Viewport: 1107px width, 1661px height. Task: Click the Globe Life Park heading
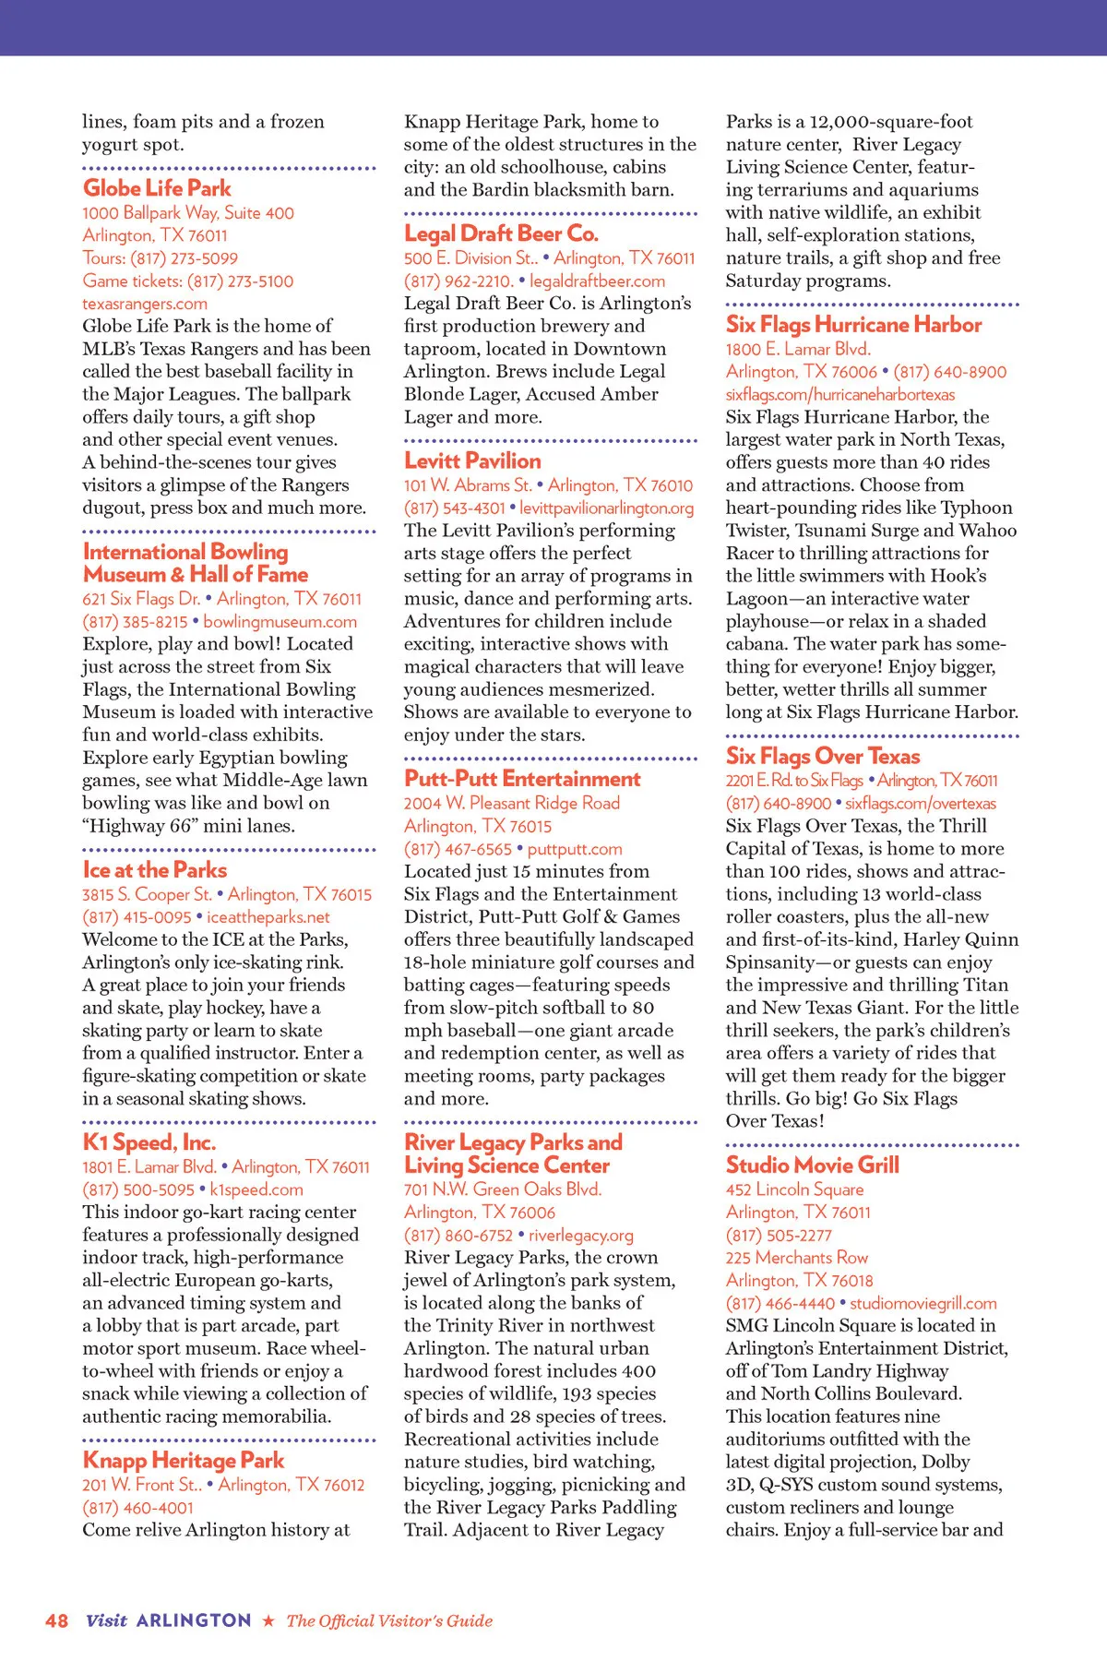(x=157, y=188)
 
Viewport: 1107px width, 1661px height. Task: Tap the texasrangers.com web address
(x=145, y=304)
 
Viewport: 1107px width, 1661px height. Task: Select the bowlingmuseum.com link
(x=280, y=622)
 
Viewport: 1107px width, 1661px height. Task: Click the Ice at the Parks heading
(x=155, y=870)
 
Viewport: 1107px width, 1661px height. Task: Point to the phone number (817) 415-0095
(x=137, y=917)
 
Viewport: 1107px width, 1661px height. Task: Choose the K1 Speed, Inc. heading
(x=149, y=1142)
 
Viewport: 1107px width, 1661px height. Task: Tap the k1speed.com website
(x=256, y=1189)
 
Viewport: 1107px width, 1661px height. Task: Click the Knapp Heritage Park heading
(x=184, y=1460)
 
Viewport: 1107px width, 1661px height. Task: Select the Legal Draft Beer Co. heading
(x=501, y=233)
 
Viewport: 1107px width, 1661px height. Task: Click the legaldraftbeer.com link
(x=597, y=281)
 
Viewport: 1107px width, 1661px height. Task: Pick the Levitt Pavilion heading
(x=472, y=460)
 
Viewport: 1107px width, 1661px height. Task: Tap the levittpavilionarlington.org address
(x=606, y=508)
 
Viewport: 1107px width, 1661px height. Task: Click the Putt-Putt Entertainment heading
(x=522, y=779)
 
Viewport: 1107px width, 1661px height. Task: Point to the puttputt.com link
(x=575, y=849)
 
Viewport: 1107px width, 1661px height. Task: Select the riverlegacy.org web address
(x=581, y=1235)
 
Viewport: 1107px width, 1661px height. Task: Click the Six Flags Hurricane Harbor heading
(x=853, y=325)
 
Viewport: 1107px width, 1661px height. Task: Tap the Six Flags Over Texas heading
(x=823, y=757)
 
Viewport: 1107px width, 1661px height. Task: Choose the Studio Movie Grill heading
(x=812, y=1165)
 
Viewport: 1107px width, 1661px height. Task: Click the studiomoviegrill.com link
(x=923, y=1303)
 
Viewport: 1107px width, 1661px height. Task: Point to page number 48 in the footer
(x=56, y=1620)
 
